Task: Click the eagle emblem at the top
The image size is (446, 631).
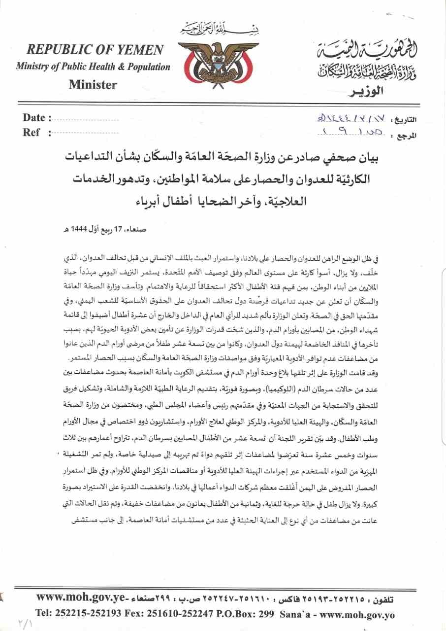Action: click(217, 62)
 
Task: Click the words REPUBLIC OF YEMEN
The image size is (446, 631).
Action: click(96, 49)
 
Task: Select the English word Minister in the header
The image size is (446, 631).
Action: click(93, 84)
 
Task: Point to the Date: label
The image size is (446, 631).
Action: click(37, 118)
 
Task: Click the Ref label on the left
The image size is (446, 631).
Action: click(32, 132)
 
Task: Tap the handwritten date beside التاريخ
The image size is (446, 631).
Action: click(348, 119)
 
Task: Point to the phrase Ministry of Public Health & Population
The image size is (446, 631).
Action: click(93, 67)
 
